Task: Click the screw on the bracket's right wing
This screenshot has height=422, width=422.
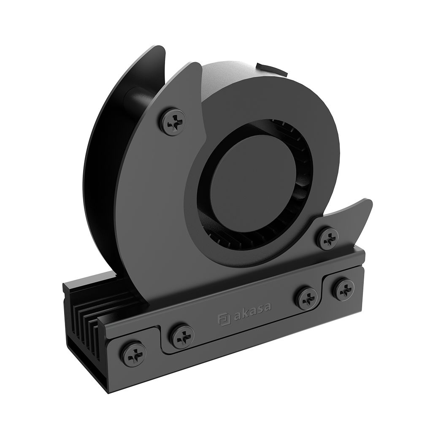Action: pyautogui.click(x=328, y=238)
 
